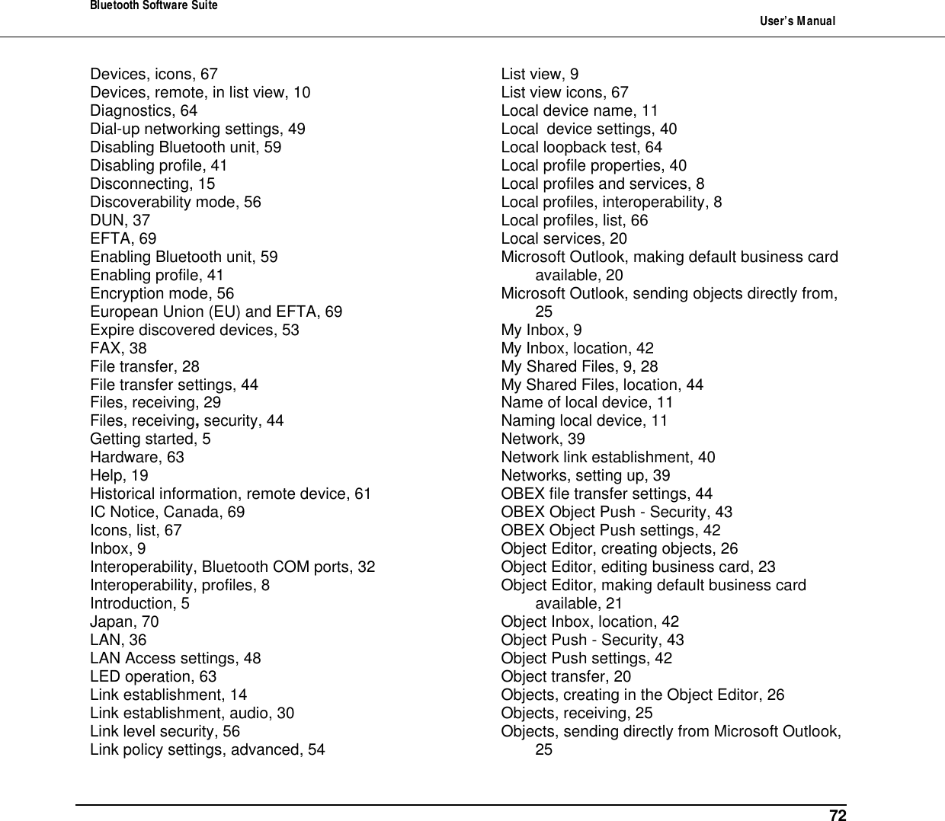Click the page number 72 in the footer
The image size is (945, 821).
pyautogui.click(x=838, y=816)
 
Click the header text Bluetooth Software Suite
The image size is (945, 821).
pyautogui.click(x=154, y=6)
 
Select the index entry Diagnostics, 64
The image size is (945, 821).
pyautogui.click(x=143, y=110)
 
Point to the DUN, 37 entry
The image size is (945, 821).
pyautogui.click(x=120, y=220)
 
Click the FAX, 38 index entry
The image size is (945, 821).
pyautogui.click(x=118, y=348)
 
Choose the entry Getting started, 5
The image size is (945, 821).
pyautogui.click(x=150, y=439)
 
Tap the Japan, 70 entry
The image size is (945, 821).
pyautogui.click(x=124, y=621)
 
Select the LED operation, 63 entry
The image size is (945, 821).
pyautogui.click(x=153, y=676)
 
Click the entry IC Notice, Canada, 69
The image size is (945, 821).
pyautogui.click(x=168, y=512)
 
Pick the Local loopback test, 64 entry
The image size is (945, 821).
pyautogui.click(x=581, y=147)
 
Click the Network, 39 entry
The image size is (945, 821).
pyautogui.click(x=543, y=439)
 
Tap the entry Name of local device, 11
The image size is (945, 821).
pyautogui.click(x=587, y=402)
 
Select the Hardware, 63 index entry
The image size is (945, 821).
pyautogui.click(x=137, y=457)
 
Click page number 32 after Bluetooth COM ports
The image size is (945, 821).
pyautogui.click(x=366, y=567)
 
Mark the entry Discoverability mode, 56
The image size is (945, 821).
pyautogui.click(x=175, y=202)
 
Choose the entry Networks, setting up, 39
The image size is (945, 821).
pyautogui.click(x=585, y=475)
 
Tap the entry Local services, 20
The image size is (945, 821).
pyautogui.click(x=564, y=238)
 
